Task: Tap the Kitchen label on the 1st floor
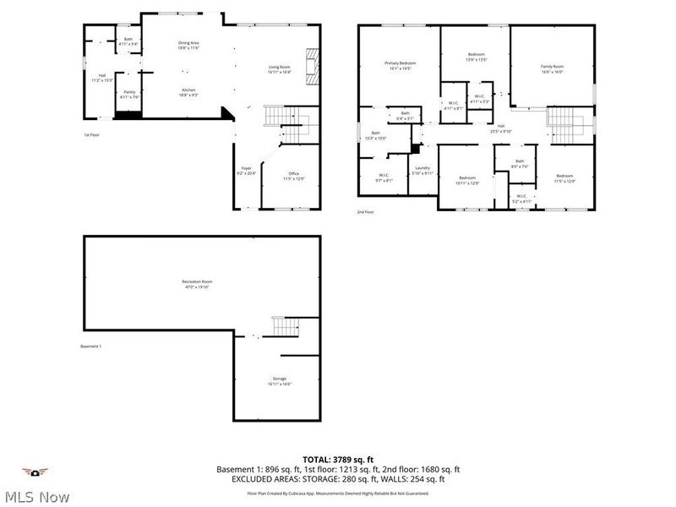coord(188,92)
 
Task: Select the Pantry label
coord(129,94)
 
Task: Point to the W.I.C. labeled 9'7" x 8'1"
coord(383,177)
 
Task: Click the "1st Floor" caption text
coord(93,134)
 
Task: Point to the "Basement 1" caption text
coord(90,346)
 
